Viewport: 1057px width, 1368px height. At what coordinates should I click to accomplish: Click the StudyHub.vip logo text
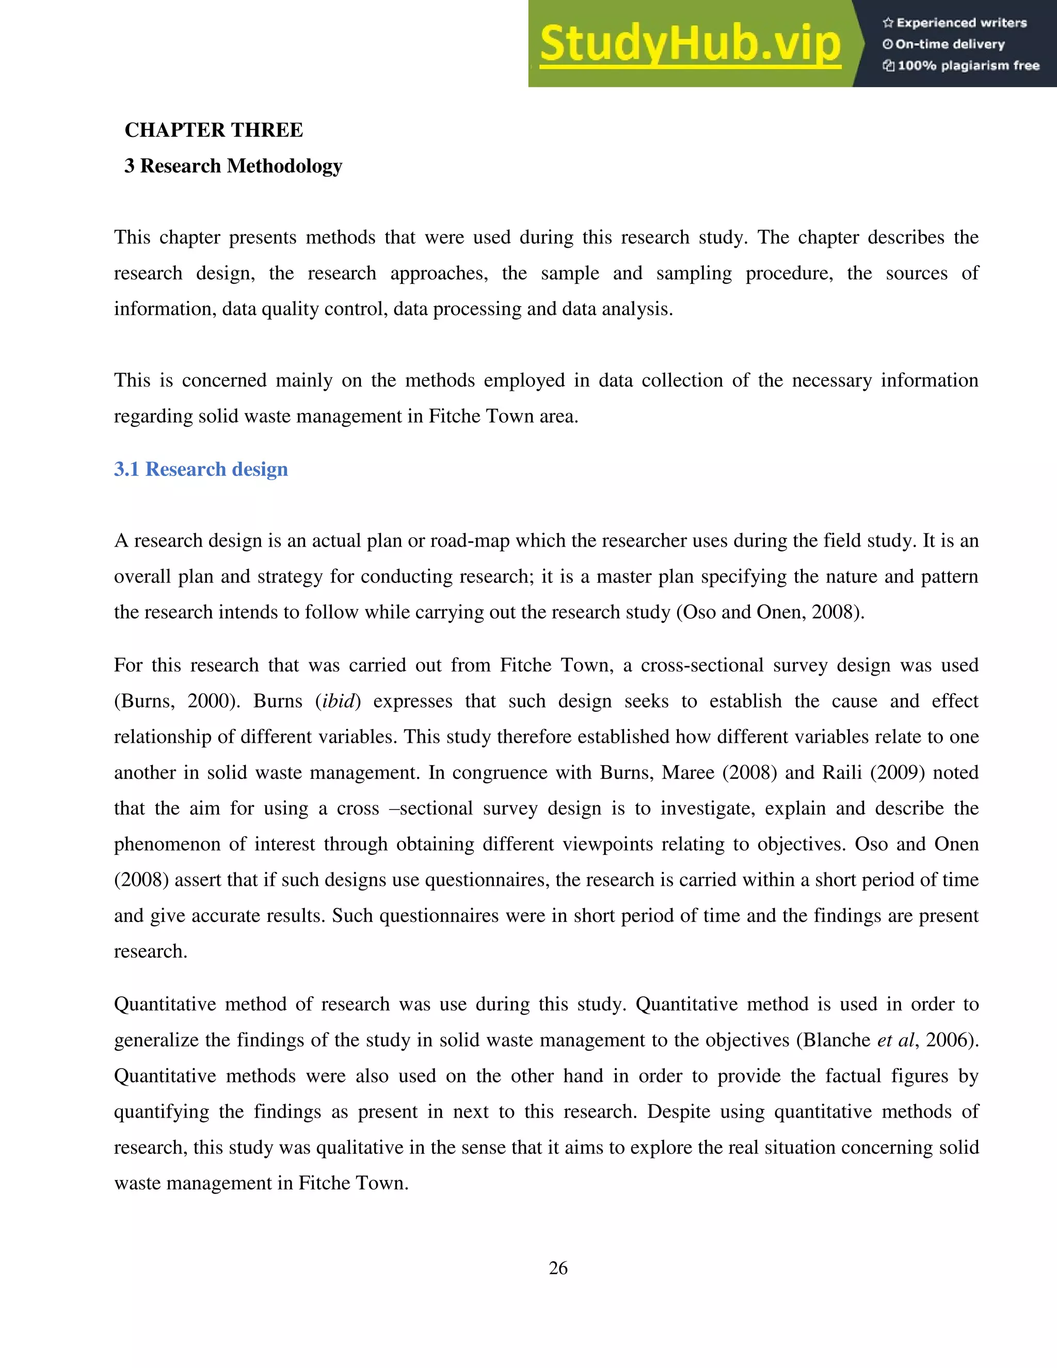point(690,44)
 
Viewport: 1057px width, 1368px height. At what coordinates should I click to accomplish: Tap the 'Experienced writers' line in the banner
point(955,23)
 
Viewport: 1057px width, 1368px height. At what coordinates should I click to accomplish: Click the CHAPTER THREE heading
point(214,130)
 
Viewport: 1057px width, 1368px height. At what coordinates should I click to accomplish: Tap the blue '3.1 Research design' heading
point(201,469)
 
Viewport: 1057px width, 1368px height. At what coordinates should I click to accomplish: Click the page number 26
point(558,1268)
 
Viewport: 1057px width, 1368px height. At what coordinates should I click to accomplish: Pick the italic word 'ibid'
point(338,701)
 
